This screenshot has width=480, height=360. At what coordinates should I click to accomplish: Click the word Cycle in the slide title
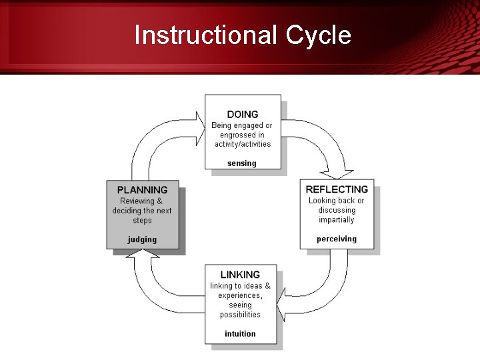click(319, 35)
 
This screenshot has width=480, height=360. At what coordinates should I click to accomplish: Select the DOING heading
click(242, 115)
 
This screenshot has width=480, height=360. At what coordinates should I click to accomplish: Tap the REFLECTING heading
click(337, 189)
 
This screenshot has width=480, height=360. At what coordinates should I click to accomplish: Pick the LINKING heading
click(240, 275)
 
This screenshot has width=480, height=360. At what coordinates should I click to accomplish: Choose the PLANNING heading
click(143, 190)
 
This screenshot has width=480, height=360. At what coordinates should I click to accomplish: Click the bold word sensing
click(241, 163)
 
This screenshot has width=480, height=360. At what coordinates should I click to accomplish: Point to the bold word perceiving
click(337, 239)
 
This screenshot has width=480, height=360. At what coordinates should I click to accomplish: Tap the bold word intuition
click(240, 333)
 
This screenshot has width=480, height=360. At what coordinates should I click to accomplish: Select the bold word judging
click(143, 239)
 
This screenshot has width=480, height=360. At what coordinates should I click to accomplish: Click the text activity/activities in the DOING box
click(242, 144)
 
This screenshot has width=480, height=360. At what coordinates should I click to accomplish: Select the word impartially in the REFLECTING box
click(337, 219)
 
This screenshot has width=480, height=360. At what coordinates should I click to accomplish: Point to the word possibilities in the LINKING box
click(240, 315)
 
